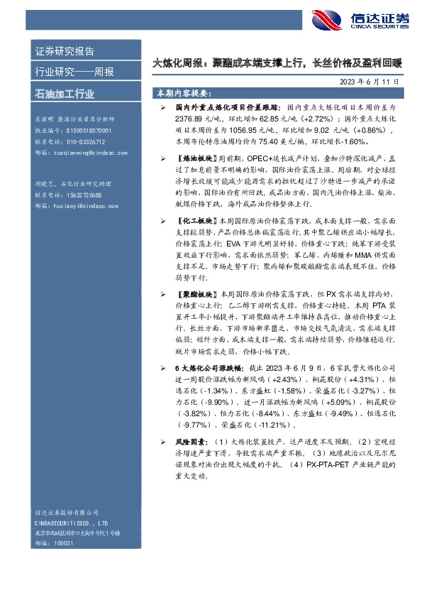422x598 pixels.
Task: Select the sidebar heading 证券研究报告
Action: (x=65, y=51)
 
